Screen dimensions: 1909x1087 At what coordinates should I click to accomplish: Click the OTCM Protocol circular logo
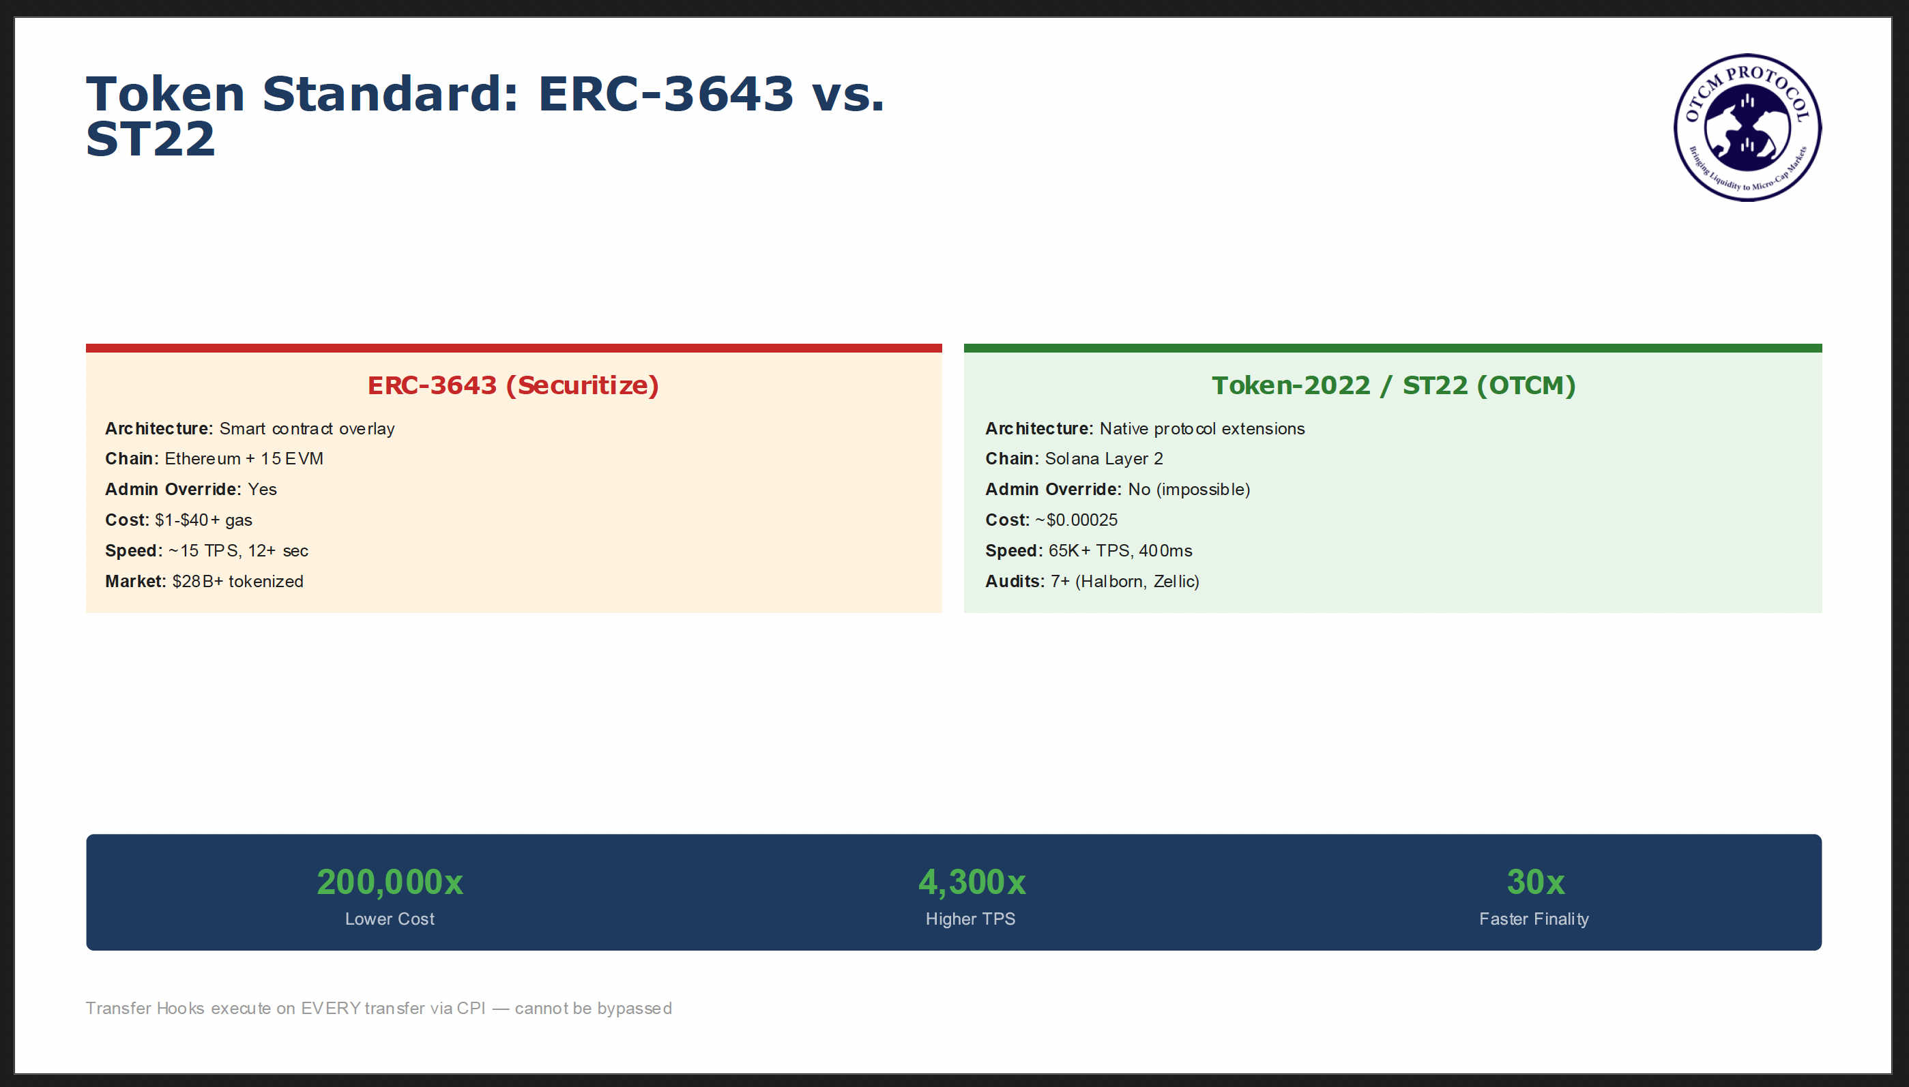coord(1747,127)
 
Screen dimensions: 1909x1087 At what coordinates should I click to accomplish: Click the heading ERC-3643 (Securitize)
coord(513,385)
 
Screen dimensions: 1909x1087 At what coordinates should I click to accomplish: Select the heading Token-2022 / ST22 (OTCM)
coord(1394,385)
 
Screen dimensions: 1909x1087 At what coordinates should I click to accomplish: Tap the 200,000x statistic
coord(390,882)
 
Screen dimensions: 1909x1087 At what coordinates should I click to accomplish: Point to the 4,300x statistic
coord(972,882)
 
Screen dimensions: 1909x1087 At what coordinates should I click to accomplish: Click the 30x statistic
coord(1536,882)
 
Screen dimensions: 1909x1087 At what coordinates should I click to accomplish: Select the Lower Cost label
coord(390,919)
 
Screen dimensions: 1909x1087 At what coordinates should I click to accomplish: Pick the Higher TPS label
coord(971,919)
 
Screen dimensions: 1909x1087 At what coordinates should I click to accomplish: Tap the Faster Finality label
coord(1534,919)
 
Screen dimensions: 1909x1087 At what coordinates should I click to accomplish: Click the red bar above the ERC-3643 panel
coord(514,348)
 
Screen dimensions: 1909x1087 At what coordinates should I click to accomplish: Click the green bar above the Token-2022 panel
coord(1393,348)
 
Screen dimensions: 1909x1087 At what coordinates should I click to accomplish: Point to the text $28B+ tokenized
coord(237,582)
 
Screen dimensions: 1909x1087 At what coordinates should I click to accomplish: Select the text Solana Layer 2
coord(1104,459)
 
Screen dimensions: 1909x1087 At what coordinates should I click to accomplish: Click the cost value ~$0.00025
coord(1076,520)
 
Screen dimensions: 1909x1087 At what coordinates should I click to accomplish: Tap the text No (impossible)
coord(1189,490)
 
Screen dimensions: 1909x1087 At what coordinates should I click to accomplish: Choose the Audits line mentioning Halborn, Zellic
coord(1092,582)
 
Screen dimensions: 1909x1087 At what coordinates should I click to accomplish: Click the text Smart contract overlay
coord(307,429)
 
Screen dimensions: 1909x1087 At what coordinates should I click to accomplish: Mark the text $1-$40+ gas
coord(203,520)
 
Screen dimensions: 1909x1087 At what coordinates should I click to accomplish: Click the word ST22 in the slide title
coord(151,140)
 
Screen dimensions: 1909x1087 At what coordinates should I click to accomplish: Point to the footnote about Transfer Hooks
coord(379,1009)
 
